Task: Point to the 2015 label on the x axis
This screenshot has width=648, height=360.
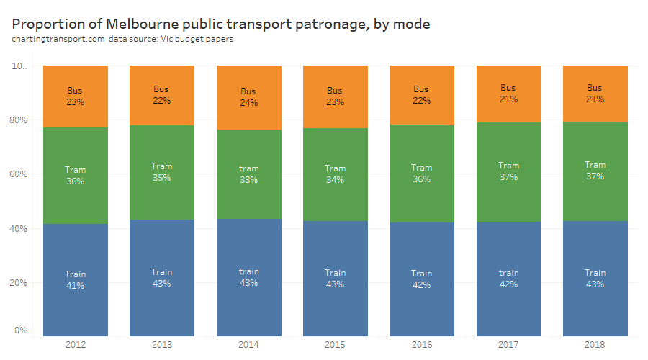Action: [335, 345]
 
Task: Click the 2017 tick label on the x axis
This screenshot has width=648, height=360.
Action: [508, 345]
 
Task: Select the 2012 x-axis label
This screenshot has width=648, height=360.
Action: [76, 345]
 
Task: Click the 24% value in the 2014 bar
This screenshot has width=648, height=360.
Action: [248, 103]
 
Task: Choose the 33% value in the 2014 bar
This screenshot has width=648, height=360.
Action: [248, 180]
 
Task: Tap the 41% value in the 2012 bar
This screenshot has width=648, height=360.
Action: [76, 286]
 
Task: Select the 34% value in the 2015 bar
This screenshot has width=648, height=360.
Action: [335, 179]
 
